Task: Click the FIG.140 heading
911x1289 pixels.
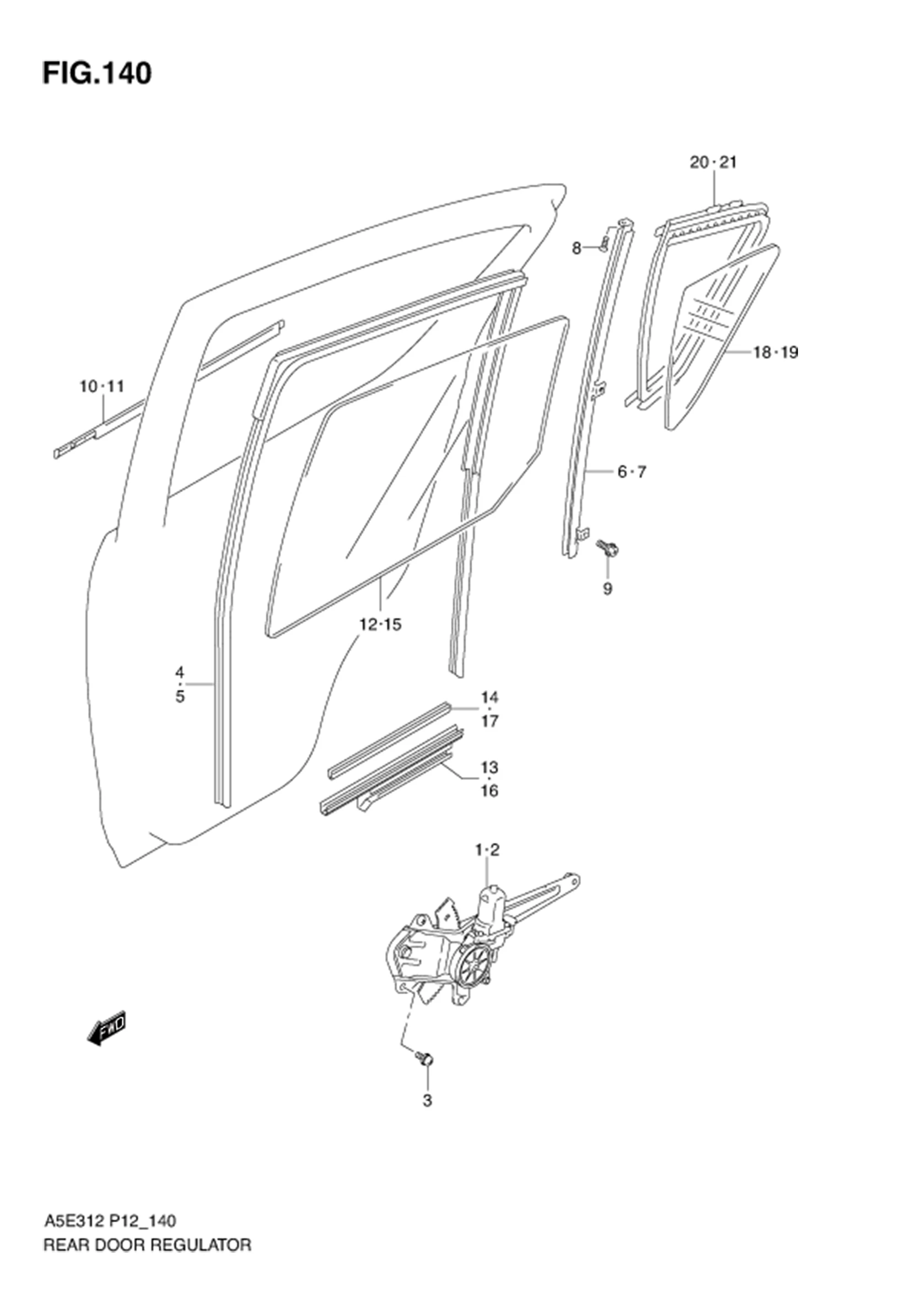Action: click(x=97, y=73)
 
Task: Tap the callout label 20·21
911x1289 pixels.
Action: click(x=713, y=163)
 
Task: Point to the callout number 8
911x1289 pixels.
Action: click(x=576, y=247)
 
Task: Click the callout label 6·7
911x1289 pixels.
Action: click(x=632, y=472)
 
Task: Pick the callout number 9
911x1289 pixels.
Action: click(x=607, y=589)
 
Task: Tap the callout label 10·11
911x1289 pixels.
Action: click(x=101, y=386)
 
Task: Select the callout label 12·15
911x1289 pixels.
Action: click(x=381, y=624)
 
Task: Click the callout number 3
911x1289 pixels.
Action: click(x=428, y=1101)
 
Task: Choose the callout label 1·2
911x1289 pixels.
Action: click(x=487, y=850)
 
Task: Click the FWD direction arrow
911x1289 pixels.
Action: click(x=107, y=1031)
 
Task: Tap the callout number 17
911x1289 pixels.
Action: click(x=489, y=721)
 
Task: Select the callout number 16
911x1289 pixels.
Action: click(x=489, y=791)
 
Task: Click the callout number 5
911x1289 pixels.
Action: click(x=180, y=697)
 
